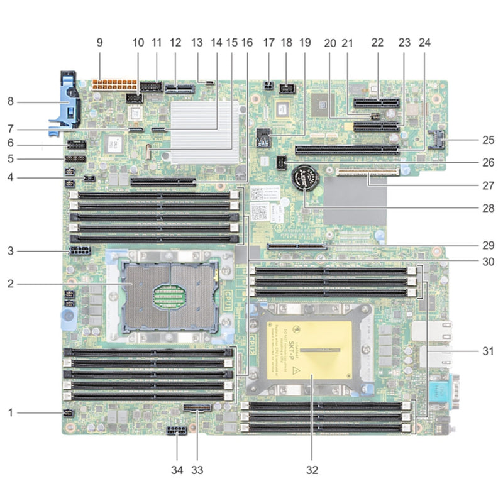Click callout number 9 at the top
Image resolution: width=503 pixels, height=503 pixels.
(99, 43)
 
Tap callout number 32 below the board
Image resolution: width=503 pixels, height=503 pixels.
(312, 468)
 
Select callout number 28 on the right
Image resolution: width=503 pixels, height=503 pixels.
(484, 207)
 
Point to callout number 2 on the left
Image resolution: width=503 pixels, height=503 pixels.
(11, 284)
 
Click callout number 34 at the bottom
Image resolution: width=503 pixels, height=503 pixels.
(177, 468)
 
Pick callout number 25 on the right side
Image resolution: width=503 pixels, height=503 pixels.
(484, 140)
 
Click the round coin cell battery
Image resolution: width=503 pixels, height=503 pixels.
(306, 179)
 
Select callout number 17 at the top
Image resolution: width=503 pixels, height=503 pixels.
(269, 43)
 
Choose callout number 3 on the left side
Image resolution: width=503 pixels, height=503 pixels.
(11, 251)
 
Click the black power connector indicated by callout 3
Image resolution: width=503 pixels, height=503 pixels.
(81, 251)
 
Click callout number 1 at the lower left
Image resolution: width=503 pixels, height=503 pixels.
(11, 412)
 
